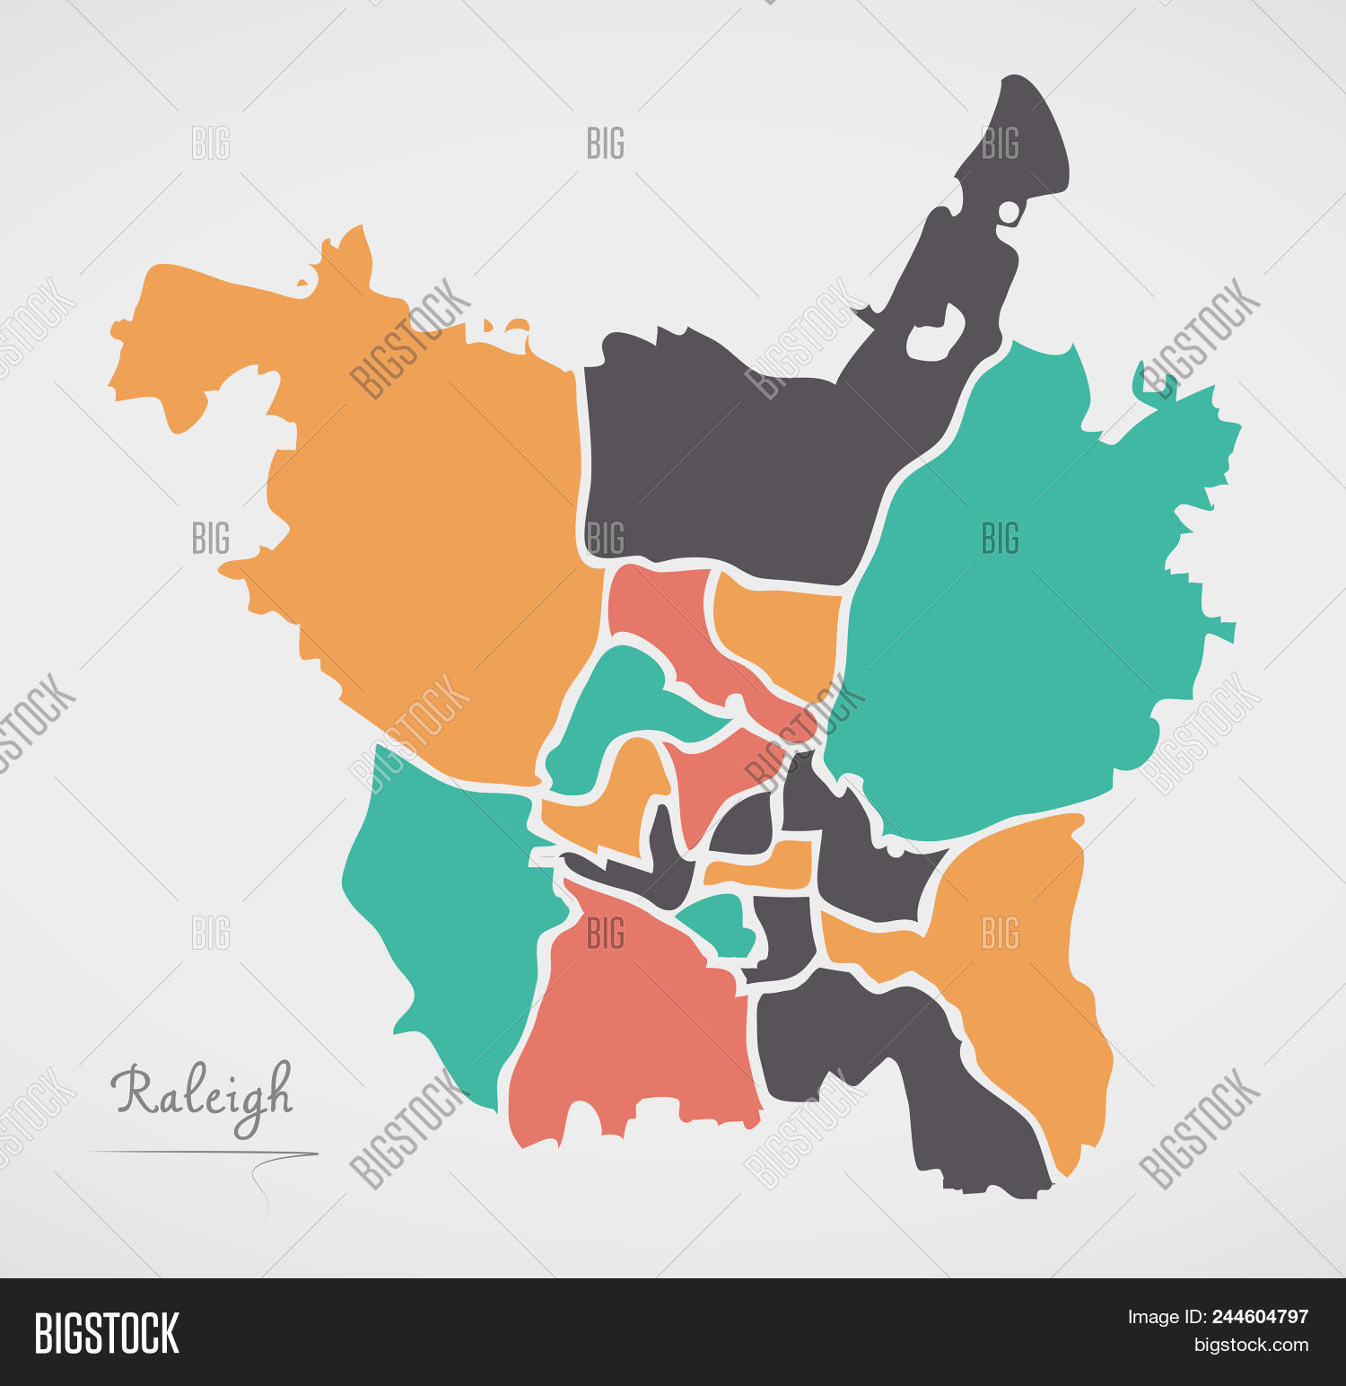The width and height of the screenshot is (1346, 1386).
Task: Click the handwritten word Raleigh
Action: click(203, 1093)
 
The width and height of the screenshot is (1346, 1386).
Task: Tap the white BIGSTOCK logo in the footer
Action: click(107, 1333)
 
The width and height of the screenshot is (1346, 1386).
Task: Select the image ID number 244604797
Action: click(1260, 1317)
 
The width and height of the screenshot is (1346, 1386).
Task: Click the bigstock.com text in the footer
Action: click(1251, 1345)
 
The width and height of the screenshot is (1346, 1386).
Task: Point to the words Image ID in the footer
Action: click(1165, 1317)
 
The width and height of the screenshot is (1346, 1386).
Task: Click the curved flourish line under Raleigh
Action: click(269, 1176)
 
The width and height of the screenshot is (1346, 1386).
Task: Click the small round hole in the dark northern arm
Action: click(1009, 213)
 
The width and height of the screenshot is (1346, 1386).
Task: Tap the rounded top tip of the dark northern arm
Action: click(1023, 99)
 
